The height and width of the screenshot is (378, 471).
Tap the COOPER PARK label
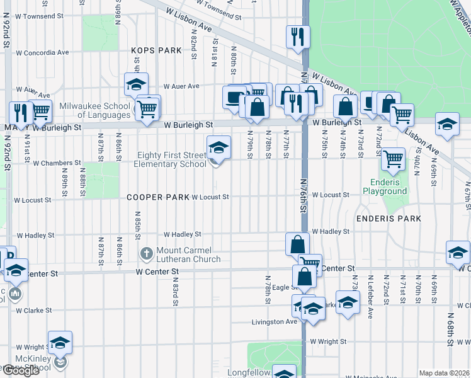click(157, 197)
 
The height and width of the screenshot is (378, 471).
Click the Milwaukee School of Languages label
click(94, 110)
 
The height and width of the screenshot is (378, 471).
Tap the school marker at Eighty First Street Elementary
click(218, 148)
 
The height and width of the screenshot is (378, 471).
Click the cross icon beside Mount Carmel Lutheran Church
click(146, 255)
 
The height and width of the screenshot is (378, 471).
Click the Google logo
click(21, 370)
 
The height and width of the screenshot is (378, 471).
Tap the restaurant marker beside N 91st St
click(21, 113)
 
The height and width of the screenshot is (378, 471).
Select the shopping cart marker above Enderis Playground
click(393, 159)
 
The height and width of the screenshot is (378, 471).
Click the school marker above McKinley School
click(60, 343)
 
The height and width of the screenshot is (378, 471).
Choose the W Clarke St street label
click(37, 310)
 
